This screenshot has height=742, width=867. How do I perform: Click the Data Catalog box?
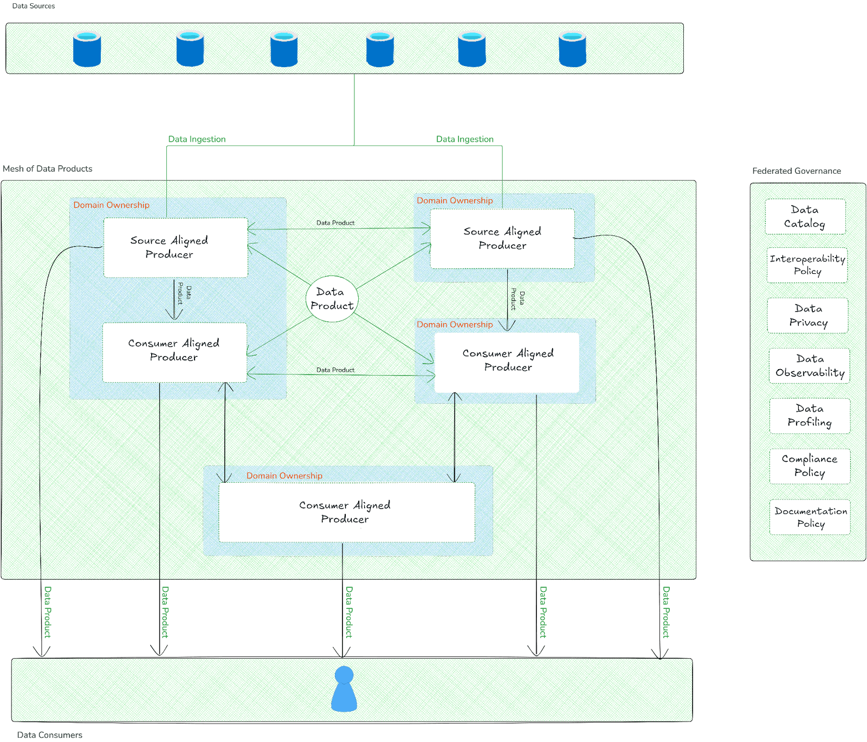[805, 216]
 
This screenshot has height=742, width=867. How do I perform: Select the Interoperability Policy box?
[807, 265]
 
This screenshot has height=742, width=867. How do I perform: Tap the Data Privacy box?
[807, 315]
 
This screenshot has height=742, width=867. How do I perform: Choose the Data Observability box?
[809, 366]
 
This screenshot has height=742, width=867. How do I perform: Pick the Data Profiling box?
[810, 416]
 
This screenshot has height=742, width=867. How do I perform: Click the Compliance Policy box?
[810, 465]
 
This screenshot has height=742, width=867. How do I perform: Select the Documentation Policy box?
[810, 517]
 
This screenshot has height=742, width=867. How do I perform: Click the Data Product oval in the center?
[332, 299]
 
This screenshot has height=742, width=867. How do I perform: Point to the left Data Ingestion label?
[197, 139]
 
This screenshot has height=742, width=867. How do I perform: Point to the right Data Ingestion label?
[465, 139]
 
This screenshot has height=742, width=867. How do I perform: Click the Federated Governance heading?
[796, 171]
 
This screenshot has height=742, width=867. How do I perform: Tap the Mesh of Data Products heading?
[48, 169]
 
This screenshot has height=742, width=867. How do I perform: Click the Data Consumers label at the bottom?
[50, 735]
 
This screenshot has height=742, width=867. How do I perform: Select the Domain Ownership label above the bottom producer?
[284, 476]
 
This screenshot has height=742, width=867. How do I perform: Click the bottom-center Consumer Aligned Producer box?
[347, 512]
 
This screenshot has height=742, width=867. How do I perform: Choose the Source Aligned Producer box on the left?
[176, 247]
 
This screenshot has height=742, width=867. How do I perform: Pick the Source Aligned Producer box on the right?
[502, 238]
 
